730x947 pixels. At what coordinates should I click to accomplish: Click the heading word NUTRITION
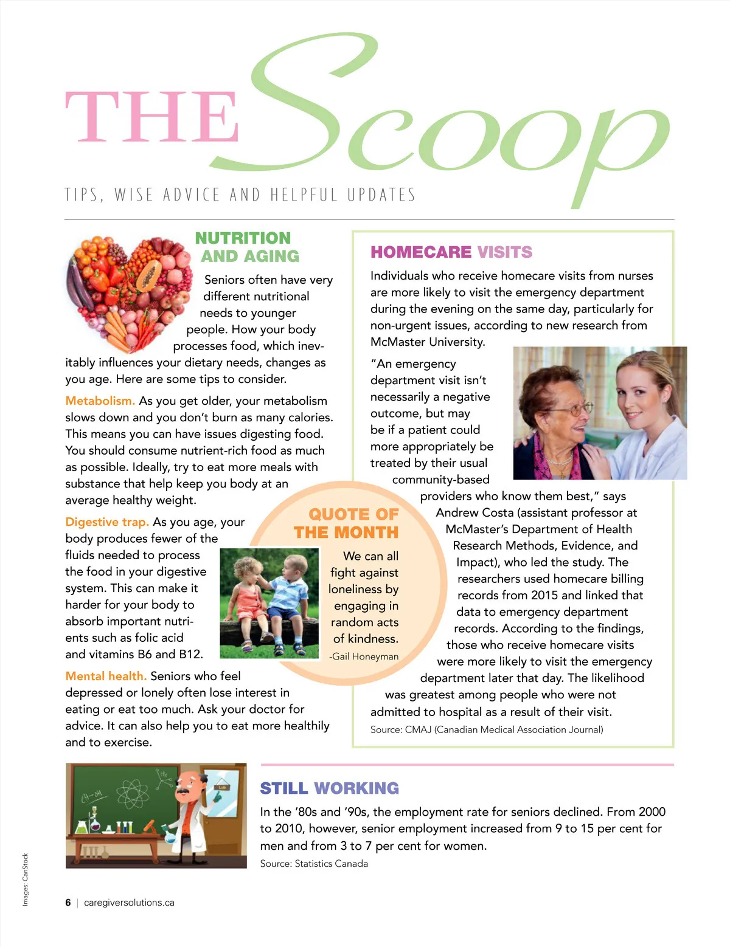243,238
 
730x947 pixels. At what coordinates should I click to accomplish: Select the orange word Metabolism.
100,401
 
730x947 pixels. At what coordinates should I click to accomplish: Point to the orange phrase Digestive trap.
107,522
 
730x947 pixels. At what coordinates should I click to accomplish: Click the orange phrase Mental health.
106,676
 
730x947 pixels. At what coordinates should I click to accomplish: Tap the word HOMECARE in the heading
421,252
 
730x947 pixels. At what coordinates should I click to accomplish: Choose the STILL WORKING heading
329,788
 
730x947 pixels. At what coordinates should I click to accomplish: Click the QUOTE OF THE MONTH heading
347,523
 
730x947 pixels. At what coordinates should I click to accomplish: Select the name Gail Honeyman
366,656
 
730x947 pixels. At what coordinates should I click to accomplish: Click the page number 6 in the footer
68,903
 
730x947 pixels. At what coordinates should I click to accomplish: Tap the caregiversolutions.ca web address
129,903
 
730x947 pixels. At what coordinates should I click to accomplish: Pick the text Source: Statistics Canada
314,864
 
